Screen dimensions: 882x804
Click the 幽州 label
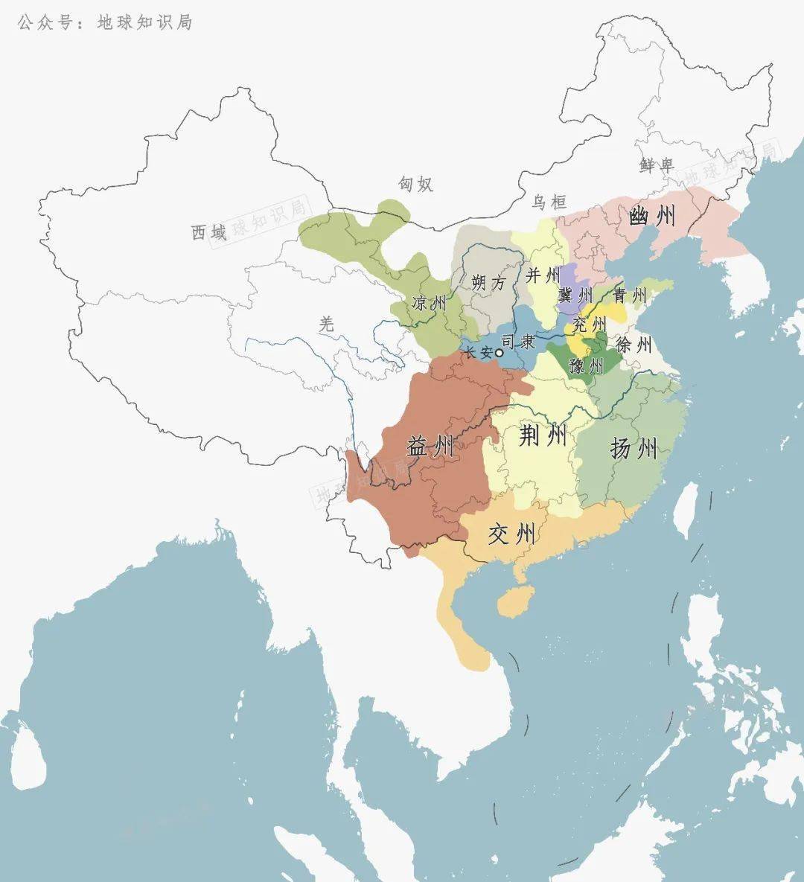point(653,216)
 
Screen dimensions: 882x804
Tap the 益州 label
point(430,447)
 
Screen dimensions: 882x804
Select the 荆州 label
point(543,435)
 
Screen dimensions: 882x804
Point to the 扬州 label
point(634,448)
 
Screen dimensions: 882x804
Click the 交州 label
point(511,533)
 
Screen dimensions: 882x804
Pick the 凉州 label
point(430,303)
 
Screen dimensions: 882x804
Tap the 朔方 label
point(488,283)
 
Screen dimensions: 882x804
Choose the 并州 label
point(543,275)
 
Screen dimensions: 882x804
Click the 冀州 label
point(575,295)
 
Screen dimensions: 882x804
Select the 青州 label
point(630,295)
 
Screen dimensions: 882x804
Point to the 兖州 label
point(590,325)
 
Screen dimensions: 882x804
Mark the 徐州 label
point(634,344)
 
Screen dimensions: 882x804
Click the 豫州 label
point(586,365)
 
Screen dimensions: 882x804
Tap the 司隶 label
point(518,342)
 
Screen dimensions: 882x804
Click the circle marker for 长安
point(500,354)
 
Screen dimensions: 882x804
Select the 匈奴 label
point(415,184)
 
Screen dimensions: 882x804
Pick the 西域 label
point(209,233)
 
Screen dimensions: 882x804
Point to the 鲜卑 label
point(657,165)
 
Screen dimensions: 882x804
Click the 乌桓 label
point(549,202)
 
